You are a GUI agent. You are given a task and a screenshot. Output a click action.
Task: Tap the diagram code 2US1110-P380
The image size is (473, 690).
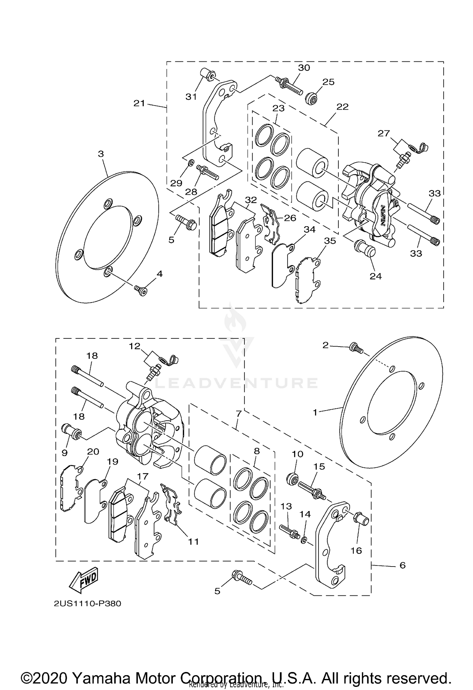click(87, 604)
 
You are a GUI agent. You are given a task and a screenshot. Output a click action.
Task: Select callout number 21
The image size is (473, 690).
click(139, 103)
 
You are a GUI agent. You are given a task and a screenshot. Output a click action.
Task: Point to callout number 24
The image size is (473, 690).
click(376, 276)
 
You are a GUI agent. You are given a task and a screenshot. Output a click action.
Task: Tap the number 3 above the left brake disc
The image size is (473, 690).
click(101, 154)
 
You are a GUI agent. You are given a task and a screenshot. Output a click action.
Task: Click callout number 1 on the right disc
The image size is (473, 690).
click(315, 412)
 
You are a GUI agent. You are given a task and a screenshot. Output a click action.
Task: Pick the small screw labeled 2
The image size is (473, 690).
click(355, 348)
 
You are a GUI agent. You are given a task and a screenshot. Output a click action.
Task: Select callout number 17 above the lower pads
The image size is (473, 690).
click(143, 476)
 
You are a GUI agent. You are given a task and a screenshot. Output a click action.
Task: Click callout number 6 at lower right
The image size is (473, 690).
click(402, 566)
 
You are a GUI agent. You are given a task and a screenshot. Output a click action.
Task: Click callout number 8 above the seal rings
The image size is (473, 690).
click(257, 451)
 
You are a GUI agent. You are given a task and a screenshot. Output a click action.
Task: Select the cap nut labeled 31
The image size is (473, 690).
click(208, 76)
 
